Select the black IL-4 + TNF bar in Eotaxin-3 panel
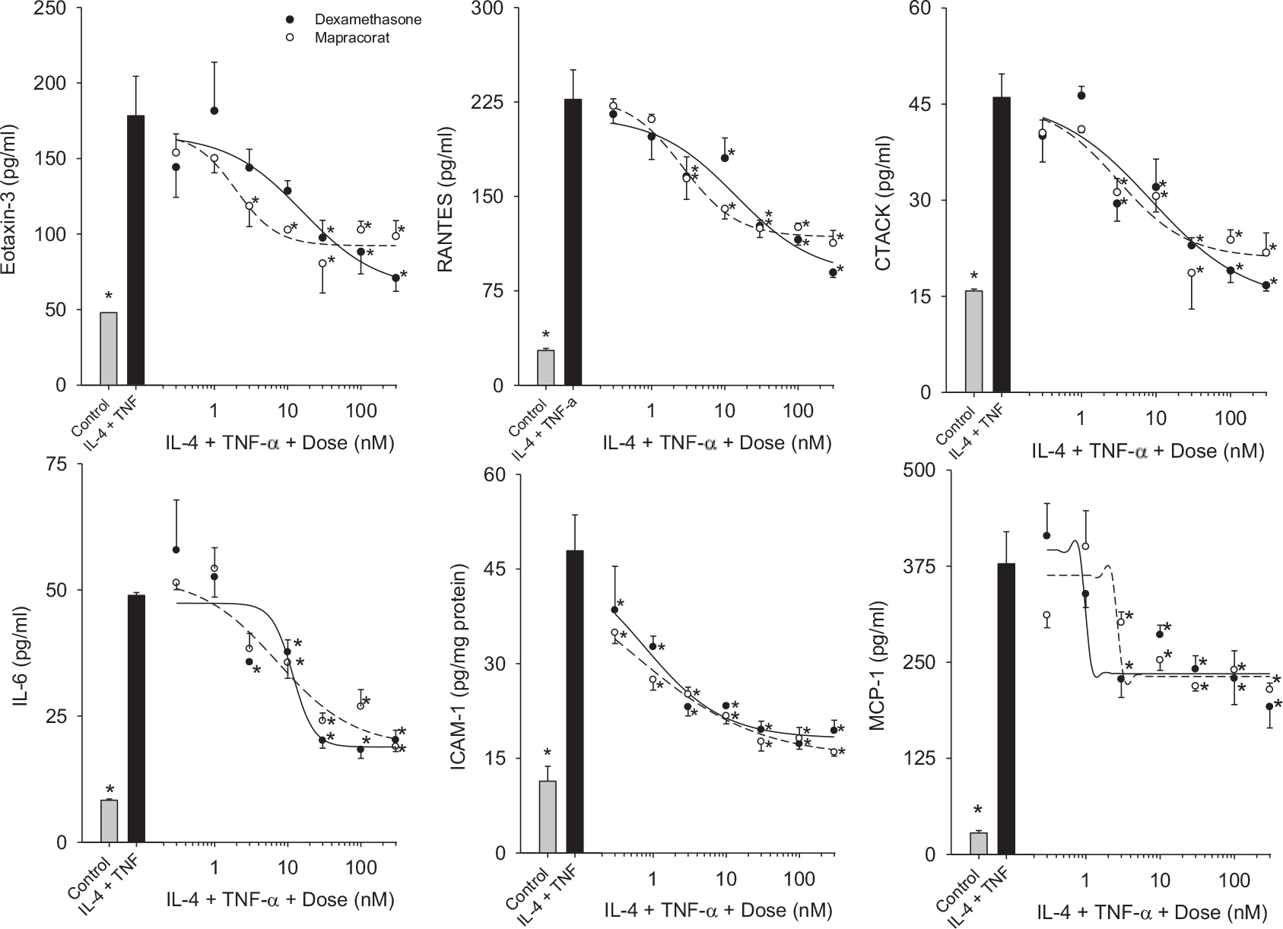coord(137,250)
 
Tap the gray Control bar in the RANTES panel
coord(546,367)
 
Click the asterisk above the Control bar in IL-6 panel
coord(110,789)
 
